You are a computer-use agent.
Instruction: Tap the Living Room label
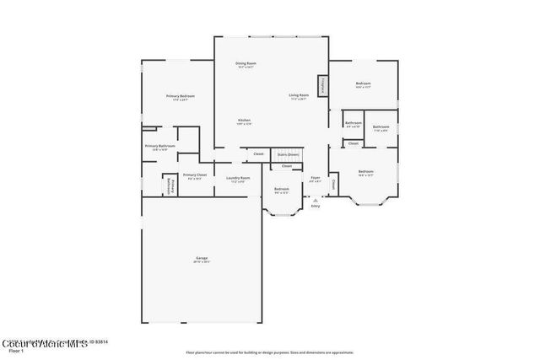tap(299, 96)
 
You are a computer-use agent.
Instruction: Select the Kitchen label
tap(244, 121)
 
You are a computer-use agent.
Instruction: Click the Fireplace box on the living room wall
tap(321, 86)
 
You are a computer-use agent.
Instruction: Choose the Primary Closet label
tap(194, 176)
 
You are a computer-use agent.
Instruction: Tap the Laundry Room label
tap(238, 179)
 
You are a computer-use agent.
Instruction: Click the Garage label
tap(202, 259)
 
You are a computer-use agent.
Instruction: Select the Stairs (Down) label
tap(288, 154)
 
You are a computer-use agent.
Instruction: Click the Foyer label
tap(315, 179)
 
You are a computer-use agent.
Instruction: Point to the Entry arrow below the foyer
tap(316, 199)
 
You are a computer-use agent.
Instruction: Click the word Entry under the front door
tap(316, 206)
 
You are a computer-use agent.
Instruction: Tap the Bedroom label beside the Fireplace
tap(363, 84)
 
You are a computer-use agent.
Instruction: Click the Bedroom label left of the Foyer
tap(281, 190)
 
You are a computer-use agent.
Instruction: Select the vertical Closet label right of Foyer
tap(333, 183)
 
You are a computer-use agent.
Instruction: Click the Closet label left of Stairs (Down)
tap(258, 154)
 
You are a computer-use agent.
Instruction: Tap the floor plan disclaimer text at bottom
tap(269, 352)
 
